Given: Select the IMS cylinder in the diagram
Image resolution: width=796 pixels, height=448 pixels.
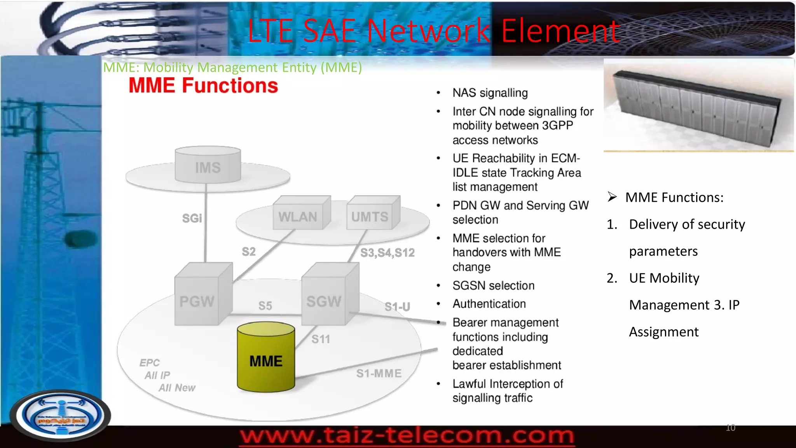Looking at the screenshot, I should [x=208, y=165].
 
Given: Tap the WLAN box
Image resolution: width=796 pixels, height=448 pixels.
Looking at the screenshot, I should [x=298, y=215].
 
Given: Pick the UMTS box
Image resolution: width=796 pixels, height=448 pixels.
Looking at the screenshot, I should [x=370, y=215].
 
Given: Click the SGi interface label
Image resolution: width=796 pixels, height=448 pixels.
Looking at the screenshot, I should [x=192, y=219].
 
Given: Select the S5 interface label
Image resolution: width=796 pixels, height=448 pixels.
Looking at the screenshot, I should [x=265, y=306].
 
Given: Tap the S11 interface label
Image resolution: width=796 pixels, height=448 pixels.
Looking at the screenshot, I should [x=321, y=339].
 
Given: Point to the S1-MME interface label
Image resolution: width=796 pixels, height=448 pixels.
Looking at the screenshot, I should [x=379, y=373].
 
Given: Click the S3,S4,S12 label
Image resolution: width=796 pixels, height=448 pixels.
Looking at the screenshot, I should [x=388, y=253].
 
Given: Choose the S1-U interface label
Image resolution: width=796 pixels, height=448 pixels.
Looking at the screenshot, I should [x=397, y=307].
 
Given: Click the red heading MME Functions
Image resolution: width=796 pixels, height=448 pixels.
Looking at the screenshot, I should [x=203, y=86].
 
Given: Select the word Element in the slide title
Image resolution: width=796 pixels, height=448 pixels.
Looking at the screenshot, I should [x=560, y=31].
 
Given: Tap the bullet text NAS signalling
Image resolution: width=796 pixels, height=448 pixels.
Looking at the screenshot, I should [x=490, y=93].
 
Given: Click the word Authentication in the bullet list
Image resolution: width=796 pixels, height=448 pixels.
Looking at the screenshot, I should [x=489, y=304].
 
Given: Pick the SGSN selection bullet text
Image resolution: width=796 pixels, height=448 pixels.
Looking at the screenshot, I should [x=494, y=285].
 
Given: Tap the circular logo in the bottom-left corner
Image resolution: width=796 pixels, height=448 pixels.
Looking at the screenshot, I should [x=60, y=415].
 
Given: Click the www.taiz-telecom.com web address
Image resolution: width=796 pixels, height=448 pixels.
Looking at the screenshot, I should [x=407, y=436].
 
